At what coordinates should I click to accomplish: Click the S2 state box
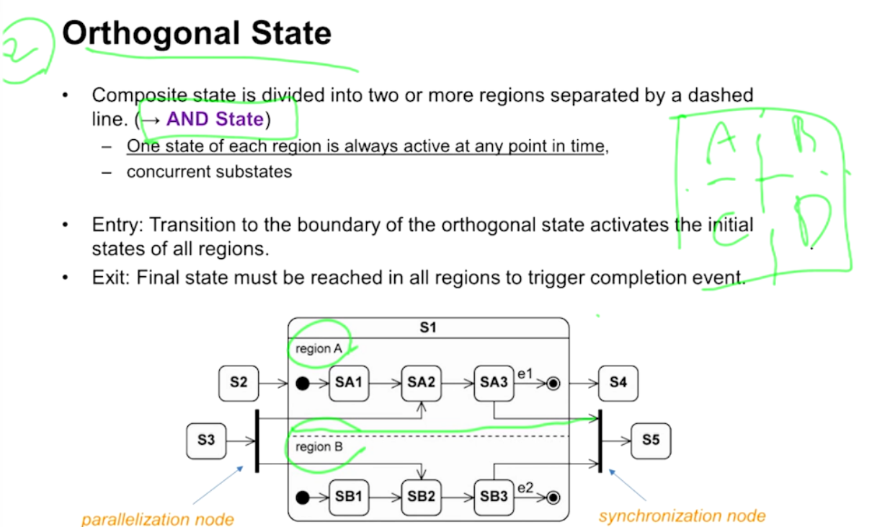point(239,383)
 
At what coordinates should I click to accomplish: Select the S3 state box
point(206,438)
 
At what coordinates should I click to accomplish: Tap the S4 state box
point(618,383)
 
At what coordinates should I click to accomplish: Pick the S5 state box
point(651,438)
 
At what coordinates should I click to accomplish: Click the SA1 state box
point(348,383)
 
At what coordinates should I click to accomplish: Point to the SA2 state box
point(421,383)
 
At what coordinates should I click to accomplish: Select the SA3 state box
point(494,383)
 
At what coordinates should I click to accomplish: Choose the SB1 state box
point(348,497)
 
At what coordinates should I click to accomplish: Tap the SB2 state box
point(421,497)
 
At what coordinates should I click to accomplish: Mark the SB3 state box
point(494,497)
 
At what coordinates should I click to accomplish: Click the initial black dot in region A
point(303,384)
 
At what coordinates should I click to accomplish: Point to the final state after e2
point(553,497)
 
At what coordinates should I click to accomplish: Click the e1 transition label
point(525,373)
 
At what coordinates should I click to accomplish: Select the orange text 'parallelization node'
point(157,519)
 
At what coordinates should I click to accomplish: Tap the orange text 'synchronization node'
point(682,516)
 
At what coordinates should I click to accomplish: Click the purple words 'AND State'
point(215,119)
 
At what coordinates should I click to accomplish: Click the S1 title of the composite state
point(428,327)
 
